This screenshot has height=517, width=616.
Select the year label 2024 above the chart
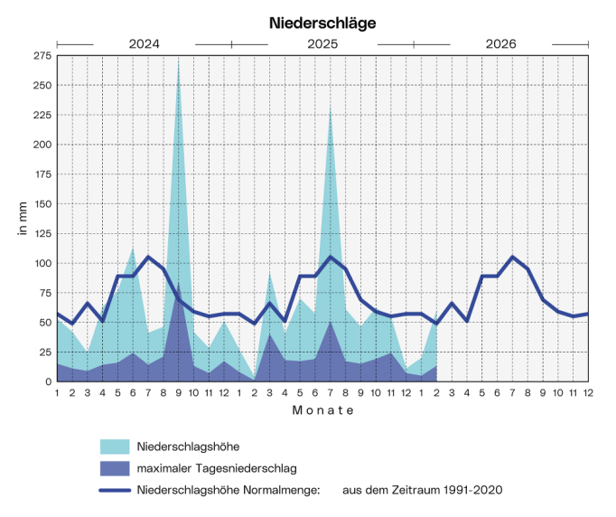coord(145,43)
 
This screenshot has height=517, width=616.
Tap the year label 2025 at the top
coord(322,43)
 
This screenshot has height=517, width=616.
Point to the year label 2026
coord(500,43)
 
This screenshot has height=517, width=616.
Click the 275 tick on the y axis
coord(42,56)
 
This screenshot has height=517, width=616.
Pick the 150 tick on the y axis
coord(42,204)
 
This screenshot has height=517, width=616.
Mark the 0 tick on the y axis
coord(48,381)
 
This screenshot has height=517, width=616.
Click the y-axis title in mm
coord(23,219)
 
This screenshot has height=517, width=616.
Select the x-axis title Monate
coord(322,410)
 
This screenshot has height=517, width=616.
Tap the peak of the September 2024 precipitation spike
coord(178,61)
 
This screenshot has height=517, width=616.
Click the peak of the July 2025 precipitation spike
coord(331,105)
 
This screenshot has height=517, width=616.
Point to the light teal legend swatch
coord(115,446)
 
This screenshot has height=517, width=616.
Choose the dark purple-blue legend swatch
coord(115,468)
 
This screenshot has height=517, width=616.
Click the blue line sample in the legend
coord(115,490)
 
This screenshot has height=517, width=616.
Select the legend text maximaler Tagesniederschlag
coord(216,468)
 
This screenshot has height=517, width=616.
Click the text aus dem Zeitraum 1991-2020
coord(422,490)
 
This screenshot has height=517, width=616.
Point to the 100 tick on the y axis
coord(42,263)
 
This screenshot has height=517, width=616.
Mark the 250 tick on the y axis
coord(42,86)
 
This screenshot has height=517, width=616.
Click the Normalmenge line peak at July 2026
coord(513,257)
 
